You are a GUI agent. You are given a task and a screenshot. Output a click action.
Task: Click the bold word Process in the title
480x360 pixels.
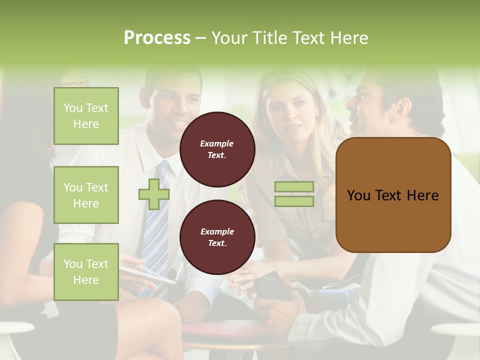(157, 37)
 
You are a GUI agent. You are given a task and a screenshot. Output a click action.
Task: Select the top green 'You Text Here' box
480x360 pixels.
(86, 116)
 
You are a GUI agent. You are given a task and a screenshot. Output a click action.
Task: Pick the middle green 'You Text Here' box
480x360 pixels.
(86, 195)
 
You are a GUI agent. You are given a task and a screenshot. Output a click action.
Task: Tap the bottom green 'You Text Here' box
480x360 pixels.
(86, 272)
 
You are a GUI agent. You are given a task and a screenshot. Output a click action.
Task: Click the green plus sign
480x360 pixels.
(154, 194)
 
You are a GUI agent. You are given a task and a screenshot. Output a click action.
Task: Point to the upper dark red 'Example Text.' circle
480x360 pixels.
(217, 149)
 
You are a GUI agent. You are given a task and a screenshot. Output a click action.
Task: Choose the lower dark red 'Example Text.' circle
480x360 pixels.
(217, 237)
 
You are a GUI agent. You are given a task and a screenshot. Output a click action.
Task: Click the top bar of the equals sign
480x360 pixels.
(294, 187)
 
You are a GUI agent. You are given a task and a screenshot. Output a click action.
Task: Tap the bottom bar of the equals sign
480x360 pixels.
(294, 201)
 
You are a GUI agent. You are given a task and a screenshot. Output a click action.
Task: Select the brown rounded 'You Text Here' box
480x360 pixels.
(393, 195)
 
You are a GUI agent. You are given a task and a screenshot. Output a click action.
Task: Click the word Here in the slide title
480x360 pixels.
(351, 38)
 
